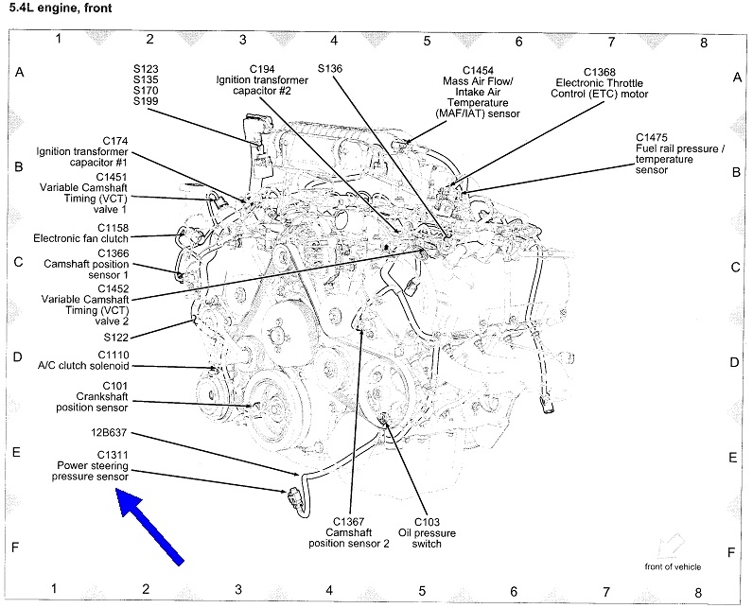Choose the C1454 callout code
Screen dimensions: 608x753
tap(479, 69)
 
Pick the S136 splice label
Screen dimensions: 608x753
tap(331, 68)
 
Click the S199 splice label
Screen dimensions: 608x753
tap(147, 102)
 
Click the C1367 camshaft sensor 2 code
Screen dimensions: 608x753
tap(350, 522)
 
